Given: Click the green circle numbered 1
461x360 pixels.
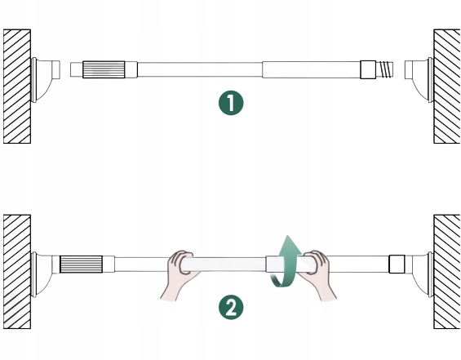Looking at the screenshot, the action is [x=231, y=103].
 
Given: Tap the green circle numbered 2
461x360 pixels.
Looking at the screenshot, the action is [x=231, y=308].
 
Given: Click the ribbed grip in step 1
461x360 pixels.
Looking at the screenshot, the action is [x=104, y=69].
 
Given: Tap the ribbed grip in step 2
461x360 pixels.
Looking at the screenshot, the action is [x=81, y=264].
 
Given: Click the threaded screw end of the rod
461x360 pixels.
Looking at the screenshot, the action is [x=385, y=69].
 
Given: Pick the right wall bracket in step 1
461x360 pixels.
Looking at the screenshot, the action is [x=419, y=79].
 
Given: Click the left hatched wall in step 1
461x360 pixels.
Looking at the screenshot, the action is [x=17, y=87].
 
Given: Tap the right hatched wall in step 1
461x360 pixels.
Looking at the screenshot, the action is [x=447, y=87].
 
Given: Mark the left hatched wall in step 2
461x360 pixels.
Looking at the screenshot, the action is [x=17, y=272].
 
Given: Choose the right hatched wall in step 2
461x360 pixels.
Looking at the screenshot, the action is [x=447, y=272].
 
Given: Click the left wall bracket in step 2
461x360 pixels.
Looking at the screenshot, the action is [x=42, y=273].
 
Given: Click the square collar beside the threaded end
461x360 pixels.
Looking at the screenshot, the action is [x=368, y=69].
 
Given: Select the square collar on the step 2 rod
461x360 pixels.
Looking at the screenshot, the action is [x=397, y=264].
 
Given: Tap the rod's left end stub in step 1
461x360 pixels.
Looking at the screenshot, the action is [x=77, y=69].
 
